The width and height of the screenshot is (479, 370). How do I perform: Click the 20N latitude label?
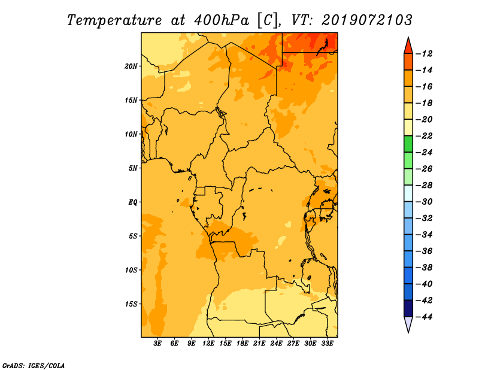tap(131, 66)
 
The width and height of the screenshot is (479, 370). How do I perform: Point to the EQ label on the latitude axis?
tap(133, 202)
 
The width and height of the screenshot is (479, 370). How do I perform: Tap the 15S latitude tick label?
tap(131, 304)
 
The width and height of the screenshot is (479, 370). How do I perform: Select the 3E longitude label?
tap(157, 344)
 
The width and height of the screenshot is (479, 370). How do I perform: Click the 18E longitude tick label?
tap(242, 344)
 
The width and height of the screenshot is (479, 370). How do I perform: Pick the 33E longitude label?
tap(327, 344)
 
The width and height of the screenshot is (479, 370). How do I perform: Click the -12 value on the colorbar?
tap(424, 54)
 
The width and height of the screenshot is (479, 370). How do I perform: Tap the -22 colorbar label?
tap(424, 136)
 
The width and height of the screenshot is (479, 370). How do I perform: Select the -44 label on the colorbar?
tap(424, 317)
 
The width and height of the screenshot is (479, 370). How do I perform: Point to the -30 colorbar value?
tap(424, 202)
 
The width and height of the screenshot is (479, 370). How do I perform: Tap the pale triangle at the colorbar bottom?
tap(408, 323)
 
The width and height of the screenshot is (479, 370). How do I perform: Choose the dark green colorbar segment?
tap(408, 144)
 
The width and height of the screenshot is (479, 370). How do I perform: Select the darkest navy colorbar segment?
tap(408, 308)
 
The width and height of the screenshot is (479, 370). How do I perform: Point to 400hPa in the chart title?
tap(222, 20)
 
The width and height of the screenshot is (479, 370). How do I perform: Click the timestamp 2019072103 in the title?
tap(367, 20)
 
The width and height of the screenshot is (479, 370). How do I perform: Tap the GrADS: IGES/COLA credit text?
tap(34, 366)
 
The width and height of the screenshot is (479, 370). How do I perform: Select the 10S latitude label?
tap(131, 270)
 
